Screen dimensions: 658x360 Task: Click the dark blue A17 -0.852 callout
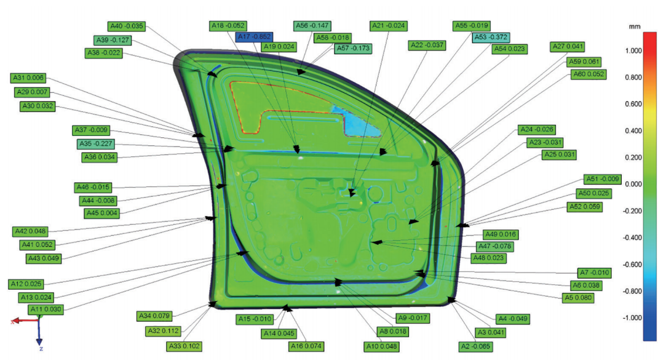[x=254, y=37]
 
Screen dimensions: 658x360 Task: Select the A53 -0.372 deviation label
[x=491, y=38]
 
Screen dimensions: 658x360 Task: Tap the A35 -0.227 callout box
[x=96, y=143]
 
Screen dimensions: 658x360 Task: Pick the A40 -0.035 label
[x=126, y=26]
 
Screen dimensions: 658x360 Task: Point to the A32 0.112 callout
[x=164, y=331]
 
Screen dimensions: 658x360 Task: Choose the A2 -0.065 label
[x=476, y=346]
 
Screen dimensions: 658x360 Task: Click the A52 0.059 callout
[x=585, y=207]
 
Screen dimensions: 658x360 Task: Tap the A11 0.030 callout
[x=46, y=310]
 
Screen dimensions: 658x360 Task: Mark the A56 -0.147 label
[x=312, y=26]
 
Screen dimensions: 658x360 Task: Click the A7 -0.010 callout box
[x=594, y=273]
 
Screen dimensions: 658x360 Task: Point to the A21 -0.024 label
[x=389, y=26]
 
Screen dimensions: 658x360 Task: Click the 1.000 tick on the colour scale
[x=633, y=51]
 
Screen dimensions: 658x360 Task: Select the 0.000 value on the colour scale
[x=633, y=184]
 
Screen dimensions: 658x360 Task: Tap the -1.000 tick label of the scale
[x=632, y=318]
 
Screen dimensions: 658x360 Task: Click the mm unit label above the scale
[x=635, y=27]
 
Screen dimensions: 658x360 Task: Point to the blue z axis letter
[x=41, y=349]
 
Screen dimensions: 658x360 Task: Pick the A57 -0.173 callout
[x=353, y=49]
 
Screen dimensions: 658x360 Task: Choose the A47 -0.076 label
[x=495, y=246]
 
